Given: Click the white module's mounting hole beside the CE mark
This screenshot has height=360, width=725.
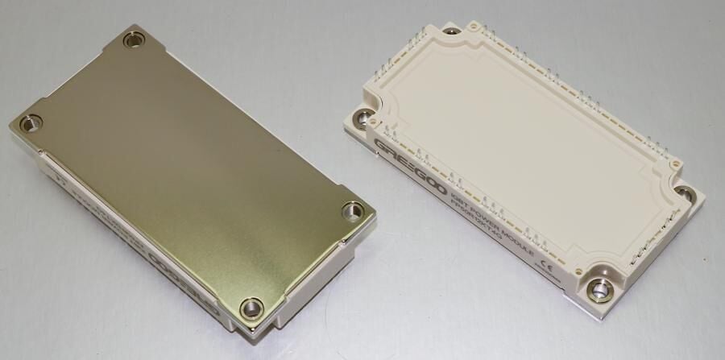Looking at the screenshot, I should [599, 289].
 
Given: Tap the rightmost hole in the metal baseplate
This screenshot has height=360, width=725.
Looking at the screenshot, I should [352, 211].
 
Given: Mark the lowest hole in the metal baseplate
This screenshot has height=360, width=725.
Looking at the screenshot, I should [251, 307].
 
